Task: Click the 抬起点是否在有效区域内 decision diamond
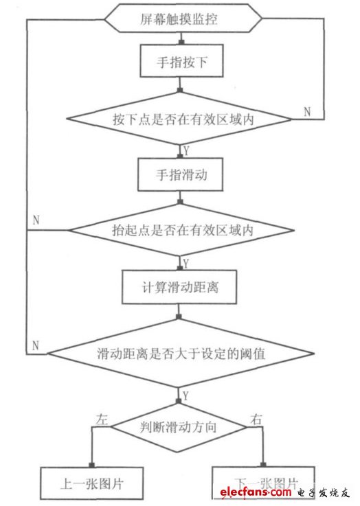pyautogui.click(x=181, y=231)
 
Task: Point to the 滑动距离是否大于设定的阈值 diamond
pyautogui.click(x=181, y=354)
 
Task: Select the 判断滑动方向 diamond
pyautogui.click(x=179, y=427)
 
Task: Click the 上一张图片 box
pyautogui.click(x=91, y=483)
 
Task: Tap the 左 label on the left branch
pyautogui.click(x=104, y=417)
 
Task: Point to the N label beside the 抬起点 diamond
pyautogui.click(x=35, y=221)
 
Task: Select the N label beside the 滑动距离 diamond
pyautogui.click(x=35, y=344)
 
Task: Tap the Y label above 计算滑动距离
pyautogui.click(x=185, y=264)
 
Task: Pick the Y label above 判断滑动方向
pyautogui.click(x=185, y=395)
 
